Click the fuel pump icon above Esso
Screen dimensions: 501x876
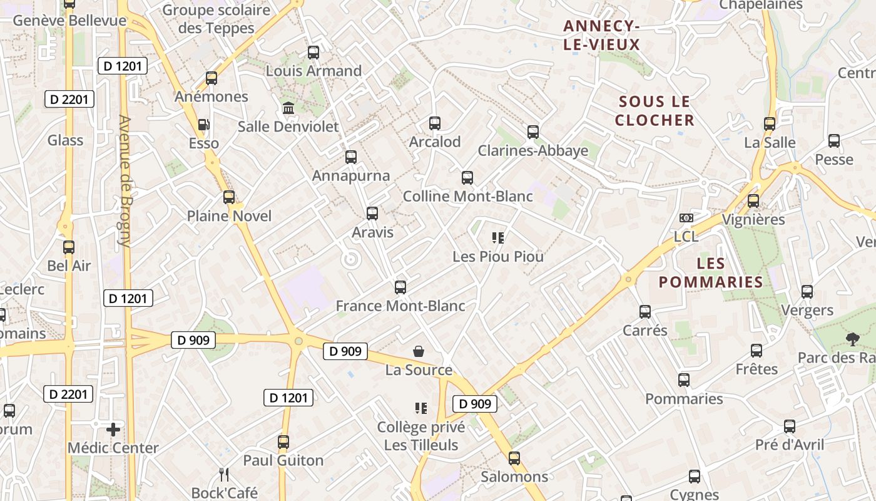pos(203,125)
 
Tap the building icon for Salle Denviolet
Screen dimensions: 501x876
pos(288,108)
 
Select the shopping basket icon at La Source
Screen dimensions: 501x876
pos(419,352)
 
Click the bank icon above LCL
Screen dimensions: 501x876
pos(686,218)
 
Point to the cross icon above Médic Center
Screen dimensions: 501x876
pos(113,430)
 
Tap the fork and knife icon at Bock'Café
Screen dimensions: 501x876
pos(224,474)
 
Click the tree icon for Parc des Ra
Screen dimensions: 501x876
pos(852,339)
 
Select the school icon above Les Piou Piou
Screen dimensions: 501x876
pos(498,238)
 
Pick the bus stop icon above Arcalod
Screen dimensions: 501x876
pos(435,123)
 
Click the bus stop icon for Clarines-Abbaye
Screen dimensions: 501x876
pos(533,132)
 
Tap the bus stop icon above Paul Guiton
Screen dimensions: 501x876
pos(283,442)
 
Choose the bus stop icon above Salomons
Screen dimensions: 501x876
pos(514,458)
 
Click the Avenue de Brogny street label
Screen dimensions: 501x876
pos(125,182)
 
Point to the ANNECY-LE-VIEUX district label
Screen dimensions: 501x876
pos(601,35)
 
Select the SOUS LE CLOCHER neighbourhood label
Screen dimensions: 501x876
pos(654,111)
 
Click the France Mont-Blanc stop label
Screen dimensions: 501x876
pos(400,306)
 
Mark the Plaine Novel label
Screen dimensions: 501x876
pos(230,216)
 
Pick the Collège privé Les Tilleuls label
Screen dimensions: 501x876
pos(421,436)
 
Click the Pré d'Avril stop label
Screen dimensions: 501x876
pos(790,445)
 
